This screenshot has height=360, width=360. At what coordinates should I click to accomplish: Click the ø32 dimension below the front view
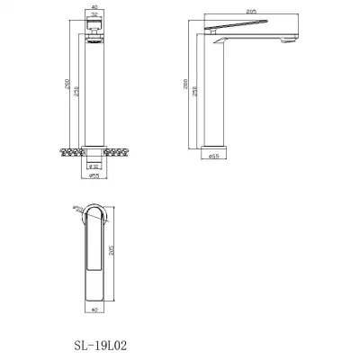(96, 166)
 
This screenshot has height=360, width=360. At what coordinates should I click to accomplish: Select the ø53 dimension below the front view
(96, 177)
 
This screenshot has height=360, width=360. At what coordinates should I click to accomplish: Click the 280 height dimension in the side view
(186, 85)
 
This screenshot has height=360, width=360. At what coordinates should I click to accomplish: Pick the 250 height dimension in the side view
(197, 93)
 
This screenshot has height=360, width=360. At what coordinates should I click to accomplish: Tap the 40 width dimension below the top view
(96, 310)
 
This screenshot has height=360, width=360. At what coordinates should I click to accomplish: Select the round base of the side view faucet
(215, 143)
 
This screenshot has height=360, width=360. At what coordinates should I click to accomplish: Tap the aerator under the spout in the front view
(96, 39)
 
